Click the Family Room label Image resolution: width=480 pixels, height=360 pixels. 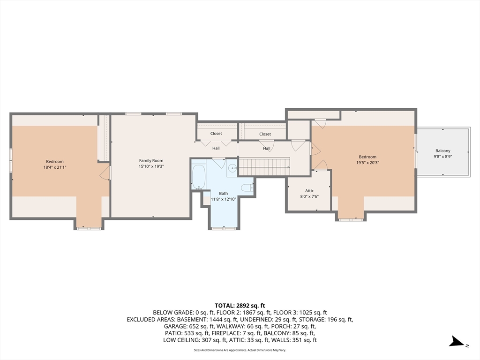[x=151, y=160]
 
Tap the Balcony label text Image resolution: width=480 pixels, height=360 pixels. [x=442, y=150]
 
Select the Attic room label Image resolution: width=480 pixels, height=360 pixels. [x=309, y=191]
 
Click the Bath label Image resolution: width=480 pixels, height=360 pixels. [x=224, y=194]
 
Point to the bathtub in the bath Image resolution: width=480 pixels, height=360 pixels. [x=199, y=177]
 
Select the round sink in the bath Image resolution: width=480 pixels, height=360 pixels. [x=232, y=168]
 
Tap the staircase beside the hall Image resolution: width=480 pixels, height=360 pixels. [x=264, y=166]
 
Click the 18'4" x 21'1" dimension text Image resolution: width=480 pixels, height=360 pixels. [x=55, y=167]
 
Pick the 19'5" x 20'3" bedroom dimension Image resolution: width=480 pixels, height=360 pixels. [x=367, y=163]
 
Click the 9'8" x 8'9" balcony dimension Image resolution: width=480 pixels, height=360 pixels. [x=442, y=157]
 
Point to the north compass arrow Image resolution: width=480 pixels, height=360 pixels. [x=457, y=342]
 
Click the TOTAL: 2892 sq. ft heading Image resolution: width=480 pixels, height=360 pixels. [x=240, y=306]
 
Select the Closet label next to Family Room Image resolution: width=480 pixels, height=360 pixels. [x=216, y=134]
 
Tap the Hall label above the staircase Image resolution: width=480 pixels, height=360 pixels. [x=267, y=149]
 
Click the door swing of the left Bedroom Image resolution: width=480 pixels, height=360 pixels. [x=105, y=173]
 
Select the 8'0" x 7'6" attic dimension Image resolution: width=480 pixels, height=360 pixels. [x=309, y=196]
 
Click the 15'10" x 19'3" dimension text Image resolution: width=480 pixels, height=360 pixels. [x=151, y=166]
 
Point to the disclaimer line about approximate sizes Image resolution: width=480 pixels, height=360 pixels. [x=240, y=350]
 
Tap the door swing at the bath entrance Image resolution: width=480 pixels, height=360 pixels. [x=219, y=163]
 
